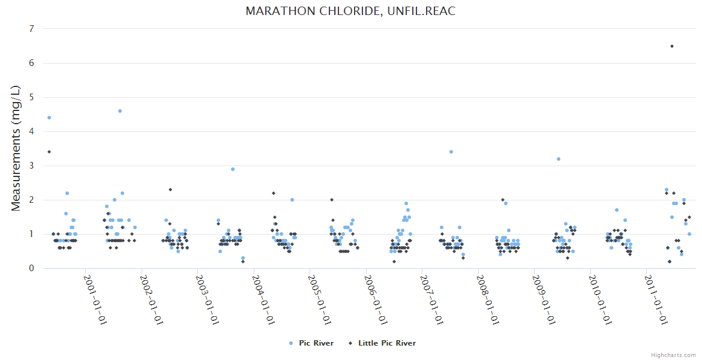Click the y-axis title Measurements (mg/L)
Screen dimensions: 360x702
click(16, 148)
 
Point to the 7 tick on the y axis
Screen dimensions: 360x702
click(31, 29)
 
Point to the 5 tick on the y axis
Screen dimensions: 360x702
click(31, 97)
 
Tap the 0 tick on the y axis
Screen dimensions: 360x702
click(31, 268)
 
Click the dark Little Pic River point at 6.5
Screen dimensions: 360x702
click(672, 46)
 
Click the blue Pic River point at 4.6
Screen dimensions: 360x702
click(120, 111)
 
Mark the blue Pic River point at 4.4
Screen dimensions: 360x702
click(49, 118)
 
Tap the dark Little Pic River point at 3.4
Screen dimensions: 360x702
click(49, 152)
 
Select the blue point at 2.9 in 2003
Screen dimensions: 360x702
click(233, 169)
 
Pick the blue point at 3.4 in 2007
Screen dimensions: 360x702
click(451, 152)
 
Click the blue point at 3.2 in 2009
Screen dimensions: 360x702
click(559, 159)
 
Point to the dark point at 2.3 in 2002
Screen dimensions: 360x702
click(170, 190)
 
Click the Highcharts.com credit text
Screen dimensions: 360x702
click(673, 355)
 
